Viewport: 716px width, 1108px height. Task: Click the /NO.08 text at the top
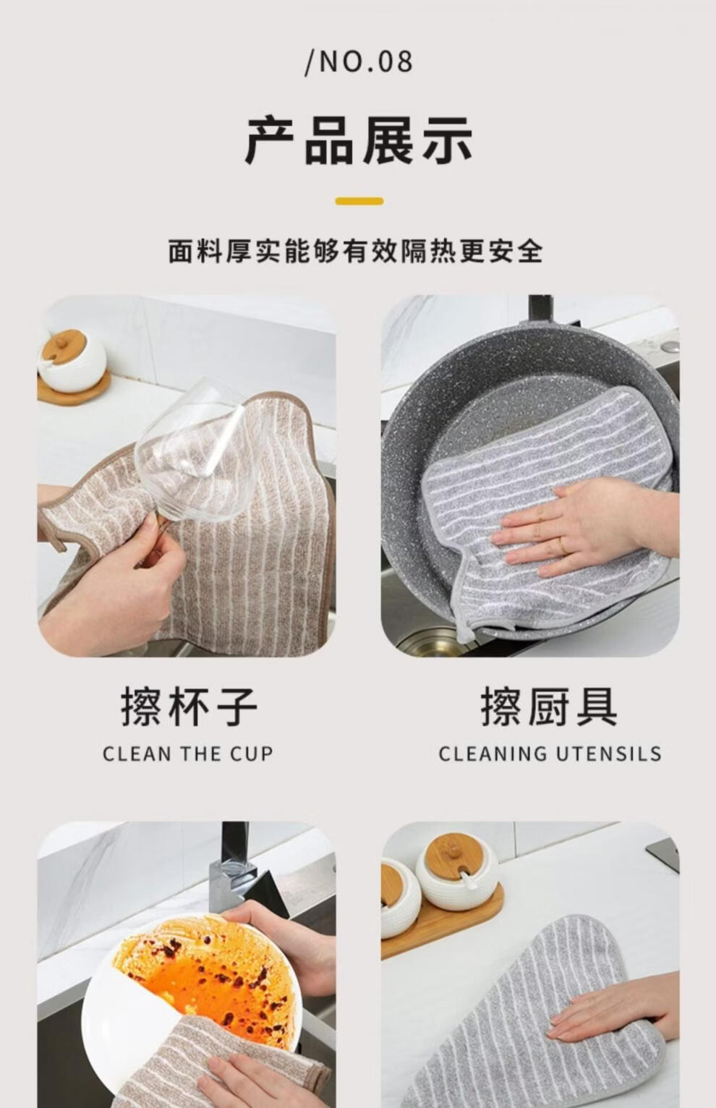(x=359, y=62)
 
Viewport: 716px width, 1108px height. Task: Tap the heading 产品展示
(x=359, y=142)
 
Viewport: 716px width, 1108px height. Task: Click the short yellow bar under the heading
(x=359, y=201)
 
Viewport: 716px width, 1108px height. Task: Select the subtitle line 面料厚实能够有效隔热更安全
(x=356, y=251)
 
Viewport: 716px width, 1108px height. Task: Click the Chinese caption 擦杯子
(x=189, y=707)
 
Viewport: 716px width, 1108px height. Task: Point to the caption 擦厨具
(x=549, y=707)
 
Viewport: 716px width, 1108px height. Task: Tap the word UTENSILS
(x=609, y=754)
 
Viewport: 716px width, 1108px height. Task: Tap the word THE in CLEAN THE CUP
(x=200, y=754)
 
